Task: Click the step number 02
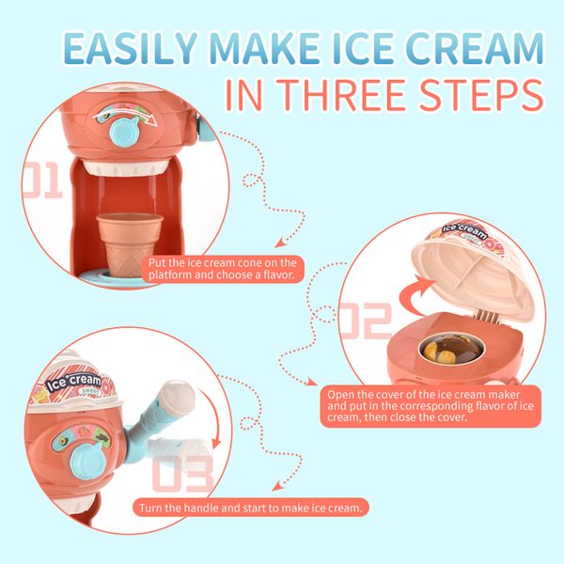click(364, 320)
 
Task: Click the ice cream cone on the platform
click(130, 240)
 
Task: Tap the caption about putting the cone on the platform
click(223, 270)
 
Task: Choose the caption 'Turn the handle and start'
click(252, 508)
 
